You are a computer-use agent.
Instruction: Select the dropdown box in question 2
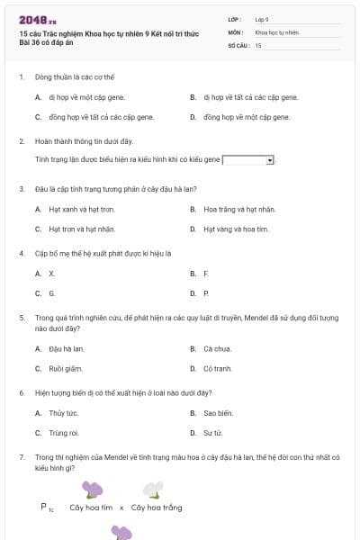click(248, 160)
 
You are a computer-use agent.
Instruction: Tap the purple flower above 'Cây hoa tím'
click(92, 490)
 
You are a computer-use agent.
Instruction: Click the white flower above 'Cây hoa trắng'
click(155, 490)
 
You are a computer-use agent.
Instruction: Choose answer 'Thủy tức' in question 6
click(64, 413)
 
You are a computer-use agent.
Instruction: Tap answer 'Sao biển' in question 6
click(218, 413)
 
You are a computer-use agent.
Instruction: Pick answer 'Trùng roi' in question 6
click(64, 433)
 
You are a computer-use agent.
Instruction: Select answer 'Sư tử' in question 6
click(212, 433)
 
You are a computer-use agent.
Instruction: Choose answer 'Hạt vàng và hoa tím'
click(236, 229)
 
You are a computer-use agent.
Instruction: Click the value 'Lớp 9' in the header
click(262, 18)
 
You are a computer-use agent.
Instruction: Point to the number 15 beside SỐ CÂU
click(258, 45)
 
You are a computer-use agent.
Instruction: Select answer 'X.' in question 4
click(52, 273)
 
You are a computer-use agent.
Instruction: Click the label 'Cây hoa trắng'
click(157, 508)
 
